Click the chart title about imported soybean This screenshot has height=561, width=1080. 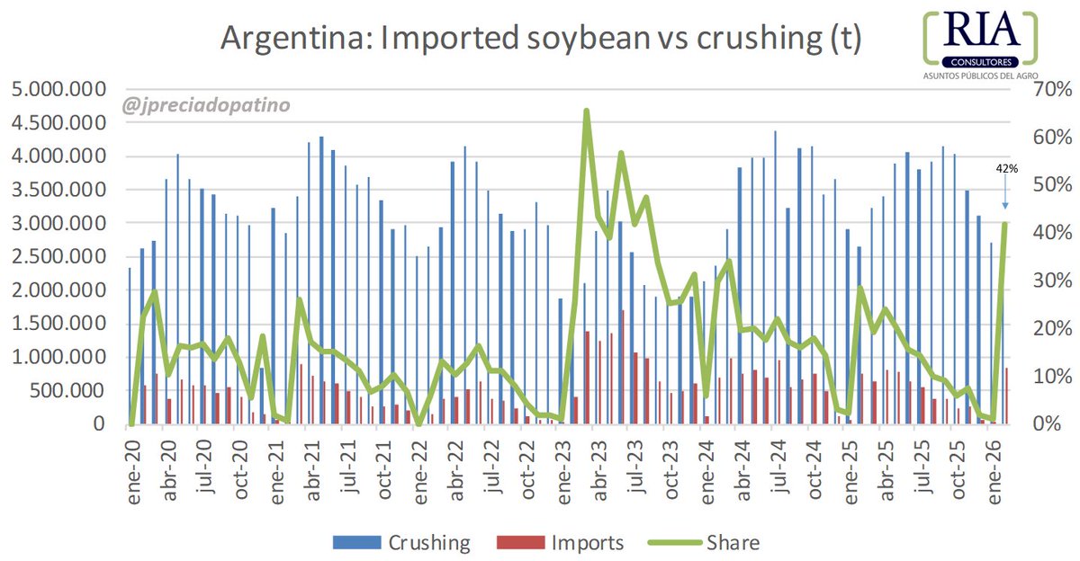541,39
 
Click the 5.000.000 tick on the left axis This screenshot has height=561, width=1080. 57,90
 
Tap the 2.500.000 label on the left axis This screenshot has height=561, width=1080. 57,257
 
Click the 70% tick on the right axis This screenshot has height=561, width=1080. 1047,90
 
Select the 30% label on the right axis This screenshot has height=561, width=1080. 1047,280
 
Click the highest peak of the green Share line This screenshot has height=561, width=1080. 586,111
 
